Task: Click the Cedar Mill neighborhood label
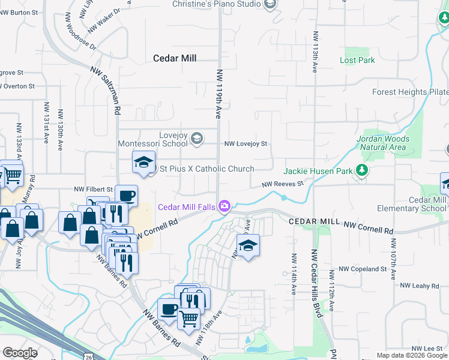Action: click(175, 58)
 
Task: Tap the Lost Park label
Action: click(357, 60)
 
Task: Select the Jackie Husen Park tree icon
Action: click(361, 170)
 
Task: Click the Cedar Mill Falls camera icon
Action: click(224, 207)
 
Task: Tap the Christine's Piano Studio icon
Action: click(270, 5)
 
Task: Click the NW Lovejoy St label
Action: click(246, 144)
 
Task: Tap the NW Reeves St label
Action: click(282, 185)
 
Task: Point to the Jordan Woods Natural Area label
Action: click(383, 143)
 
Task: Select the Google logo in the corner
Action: click(20, 353)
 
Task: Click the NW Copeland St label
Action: click(363, 269)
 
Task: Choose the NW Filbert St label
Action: click(93, 189)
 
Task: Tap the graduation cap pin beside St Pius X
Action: click(143, 163)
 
